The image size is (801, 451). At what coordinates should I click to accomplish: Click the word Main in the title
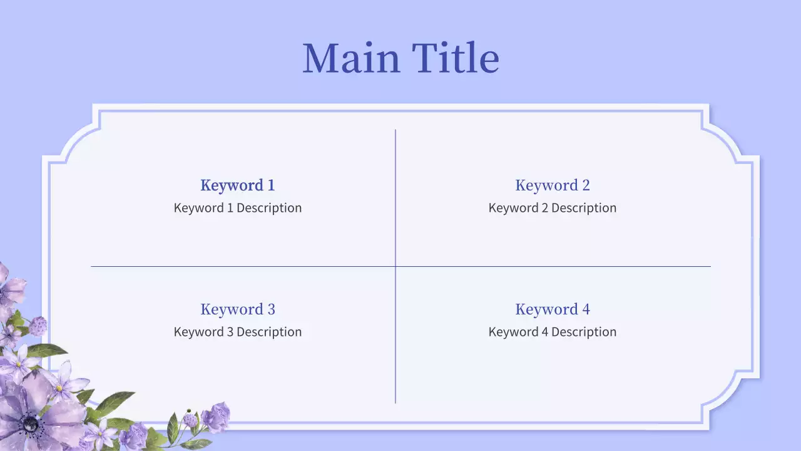click(351, 58)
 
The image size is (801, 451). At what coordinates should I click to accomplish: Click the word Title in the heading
click(456, 57)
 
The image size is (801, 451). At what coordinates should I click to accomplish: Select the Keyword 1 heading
click(238, 185)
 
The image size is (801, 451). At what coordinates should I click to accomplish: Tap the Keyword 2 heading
click(553, 185)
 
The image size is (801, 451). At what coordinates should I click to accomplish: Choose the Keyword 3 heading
click(238, 309)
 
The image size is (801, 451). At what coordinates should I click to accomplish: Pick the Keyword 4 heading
click(553, 309)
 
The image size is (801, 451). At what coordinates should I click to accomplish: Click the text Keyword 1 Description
click(238, 208)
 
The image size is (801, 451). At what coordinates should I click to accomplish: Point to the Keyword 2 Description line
click(553, 208)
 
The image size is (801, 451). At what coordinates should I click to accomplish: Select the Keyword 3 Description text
click(238, 332)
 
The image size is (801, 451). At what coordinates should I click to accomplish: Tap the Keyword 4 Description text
click(553, 332)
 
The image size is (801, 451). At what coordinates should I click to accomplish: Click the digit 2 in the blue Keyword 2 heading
click(586, 185)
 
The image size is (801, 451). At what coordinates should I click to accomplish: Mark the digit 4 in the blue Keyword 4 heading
click(586, 309)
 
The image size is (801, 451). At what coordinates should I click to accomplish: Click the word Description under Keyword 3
click(269, 332)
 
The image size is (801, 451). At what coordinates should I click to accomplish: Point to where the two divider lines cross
click(395, 266)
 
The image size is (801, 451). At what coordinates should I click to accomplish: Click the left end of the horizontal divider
click(91, 266)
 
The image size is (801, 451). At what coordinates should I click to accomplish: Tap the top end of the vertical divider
click(395, 130)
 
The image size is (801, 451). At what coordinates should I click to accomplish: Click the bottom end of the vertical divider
click(395, 403)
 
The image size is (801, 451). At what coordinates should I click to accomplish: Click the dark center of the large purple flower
click(31, 424)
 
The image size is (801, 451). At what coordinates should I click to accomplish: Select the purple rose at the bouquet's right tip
click(216, 417)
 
